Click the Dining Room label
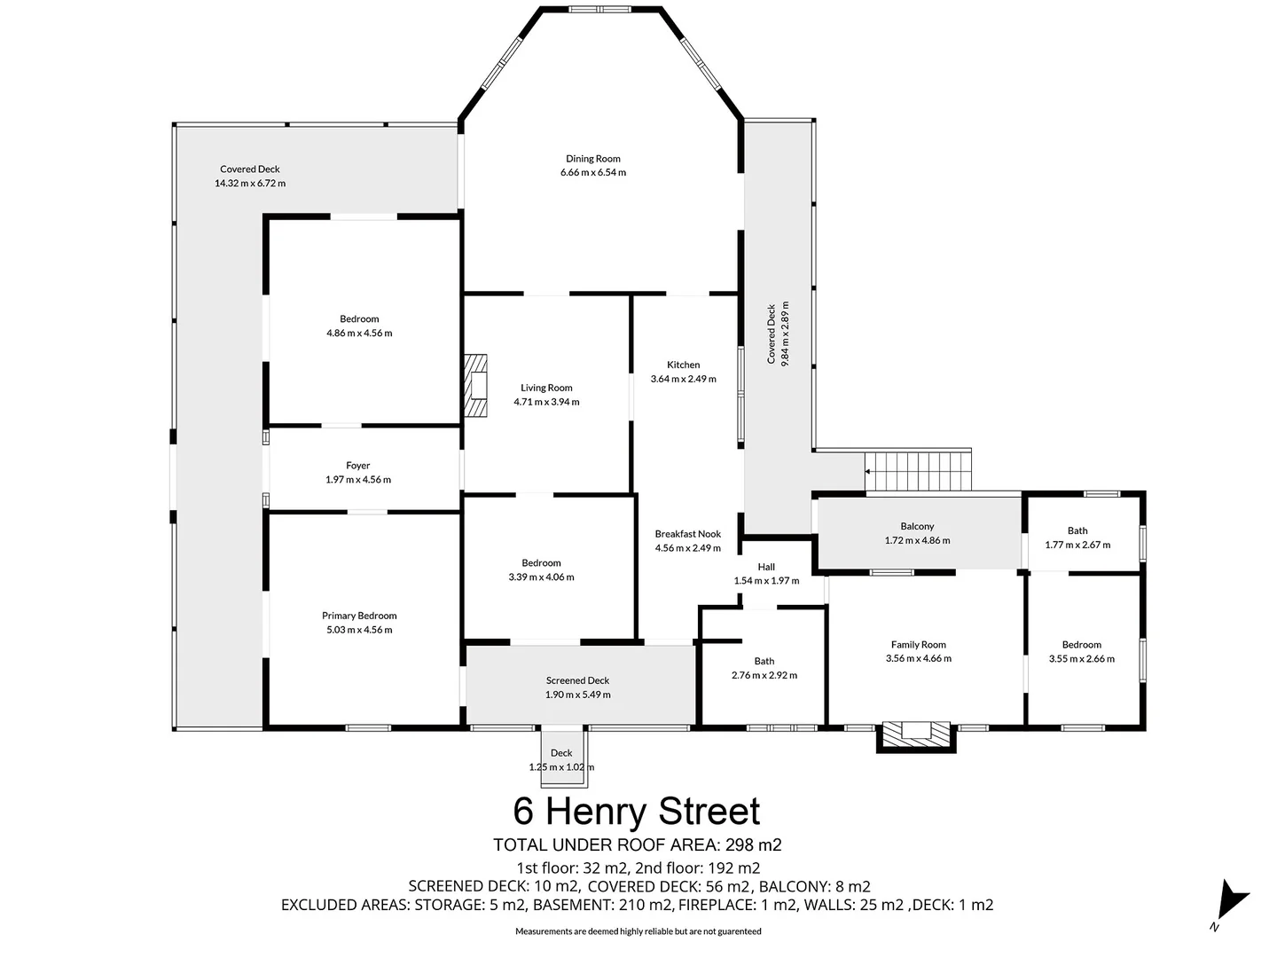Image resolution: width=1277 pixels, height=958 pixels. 593,159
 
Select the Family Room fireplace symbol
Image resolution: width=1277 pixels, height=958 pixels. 916,734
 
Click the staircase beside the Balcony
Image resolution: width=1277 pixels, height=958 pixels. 919,470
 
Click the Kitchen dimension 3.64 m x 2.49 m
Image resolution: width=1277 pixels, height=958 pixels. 683,379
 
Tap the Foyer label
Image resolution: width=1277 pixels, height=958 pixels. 358,465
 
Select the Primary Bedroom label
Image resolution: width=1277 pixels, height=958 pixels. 359,616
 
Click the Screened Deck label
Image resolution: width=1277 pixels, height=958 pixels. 577,680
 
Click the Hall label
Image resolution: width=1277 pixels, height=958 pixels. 766,567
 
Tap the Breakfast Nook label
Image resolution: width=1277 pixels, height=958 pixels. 687,534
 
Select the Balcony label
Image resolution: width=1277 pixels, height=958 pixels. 917,526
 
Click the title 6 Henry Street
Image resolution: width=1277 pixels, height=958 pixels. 637,812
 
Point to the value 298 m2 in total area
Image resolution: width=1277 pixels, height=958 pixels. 753,845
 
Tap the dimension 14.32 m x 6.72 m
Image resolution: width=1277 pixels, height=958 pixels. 250,184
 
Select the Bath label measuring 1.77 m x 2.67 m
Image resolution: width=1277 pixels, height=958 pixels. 1077,530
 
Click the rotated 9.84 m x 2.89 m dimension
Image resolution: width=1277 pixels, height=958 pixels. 785,334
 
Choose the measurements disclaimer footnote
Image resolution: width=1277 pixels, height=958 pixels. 638,931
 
